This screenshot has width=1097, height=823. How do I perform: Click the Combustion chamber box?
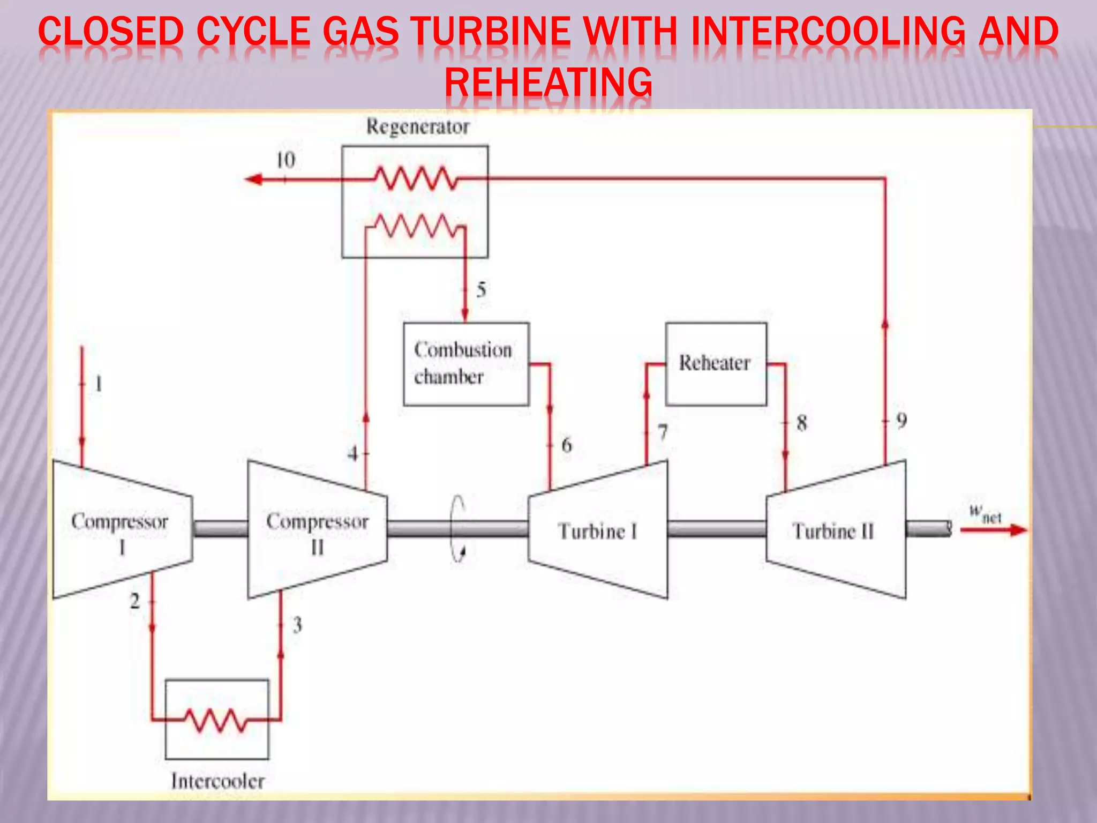[x=465, y=364]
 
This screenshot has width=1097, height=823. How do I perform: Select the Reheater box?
[x=716, y=364]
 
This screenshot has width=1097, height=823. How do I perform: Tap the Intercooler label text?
[x=217, y=781]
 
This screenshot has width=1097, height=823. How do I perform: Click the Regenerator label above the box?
[x=417, y=127]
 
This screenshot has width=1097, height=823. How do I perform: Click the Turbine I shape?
[x=598, y=530]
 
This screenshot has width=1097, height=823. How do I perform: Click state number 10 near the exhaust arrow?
[x=285, y=160]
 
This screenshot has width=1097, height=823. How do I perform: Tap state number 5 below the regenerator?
[x=481, y=290]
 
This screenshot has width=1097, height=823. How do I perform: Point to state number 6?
[x=566, y=445]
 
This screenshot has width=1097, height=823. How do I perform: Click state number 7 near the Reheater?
[x=663, y=432]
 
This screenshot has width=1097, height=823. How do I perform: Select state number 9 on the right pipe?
[x=901, y=421]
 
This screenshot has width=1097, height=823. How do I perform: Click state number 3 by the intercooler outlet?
[x=297, y=625]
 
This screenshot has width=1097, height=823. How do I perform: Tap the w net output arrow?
[x=993, y=530]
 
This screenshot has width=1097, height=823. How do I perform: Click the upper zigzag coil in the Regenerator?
[x=415, y=178]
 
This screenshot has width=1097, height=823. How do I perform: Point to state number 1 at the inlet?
[x=99, y=384]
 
